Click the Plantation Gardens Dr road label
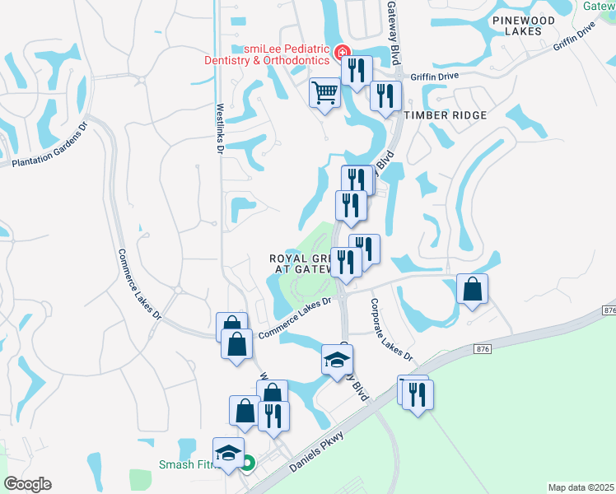tap(49, 147)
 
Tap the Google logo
tap(28, 484)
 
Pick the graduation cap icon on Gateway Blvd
tap(337, 359)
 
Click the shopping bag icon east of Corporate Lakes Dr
tap(473, 289)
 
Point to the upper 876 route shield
tap(609, 310)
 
